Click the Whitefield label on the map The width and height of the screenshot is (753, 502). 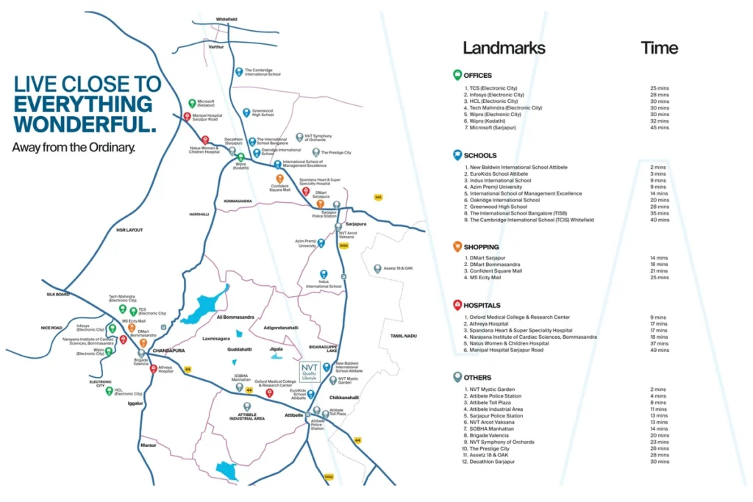click(226, 19)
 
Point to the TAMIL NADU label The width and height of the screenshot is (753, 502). click(404, 336)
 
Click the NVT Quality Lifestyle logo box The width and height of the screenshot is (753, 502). click(310, 373)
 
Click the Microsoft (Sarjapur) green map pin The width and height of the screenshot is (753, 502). click(192, 104)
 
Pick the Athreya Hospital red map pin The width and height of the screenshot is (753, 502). click(153, 369)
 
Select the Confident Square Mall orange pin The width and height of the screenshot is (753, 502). click(279, 179)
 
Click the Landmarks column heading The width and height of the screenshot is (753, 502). click(504, 49)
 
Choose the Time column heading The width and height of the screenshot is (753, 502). click(659, 49)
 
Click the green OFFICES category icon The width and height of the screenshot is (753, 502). click(457, 75)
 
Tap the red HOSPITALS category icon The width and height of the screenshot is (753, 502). click(457, 305)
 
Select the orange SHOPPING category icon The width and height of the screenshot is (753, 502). click(457, 247)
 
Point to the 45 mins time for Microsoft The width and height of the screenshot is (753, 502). click(659, 128)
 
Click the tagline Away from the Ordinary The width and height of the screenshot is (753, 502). click(74, 148)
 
